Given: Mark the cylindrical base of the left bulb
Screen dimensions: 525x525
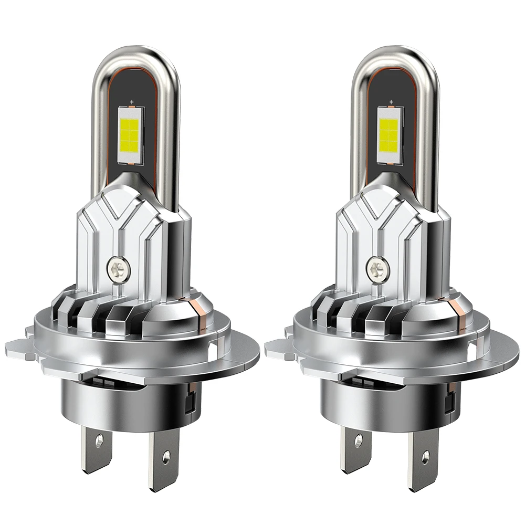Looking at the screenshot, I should point(126,399).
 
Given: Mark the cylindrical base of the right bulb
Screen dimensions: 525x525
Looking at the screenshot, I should point(386,399).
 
